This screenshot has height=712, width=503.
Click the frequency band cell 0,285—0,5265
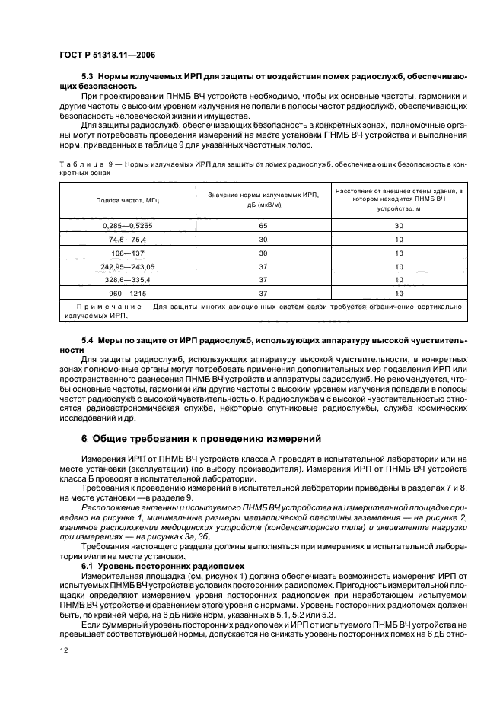[128, 226]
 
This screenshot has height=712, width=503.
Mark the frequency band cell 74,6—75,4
[128, 239]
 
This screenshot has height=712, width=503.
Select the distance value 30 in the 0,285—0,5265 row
[398, 226]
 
